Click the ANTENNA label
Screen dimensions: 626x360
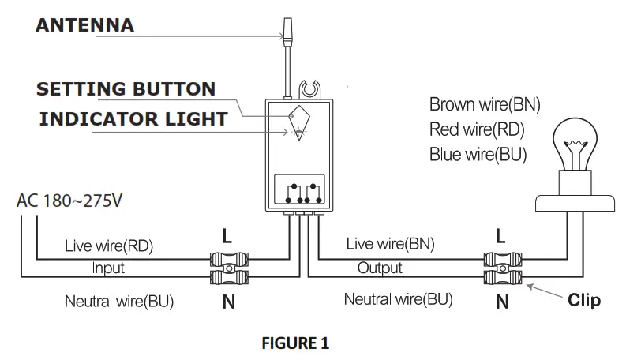coord(85,25)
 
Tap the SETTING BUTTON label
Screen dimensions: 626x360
coord(126,89)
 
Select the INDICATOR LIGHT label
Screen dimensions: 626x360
coord(133,119)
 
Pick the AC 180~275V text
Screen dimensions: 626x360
coord(69,201)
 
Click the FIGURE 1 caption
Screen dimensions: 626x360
coord(295,343)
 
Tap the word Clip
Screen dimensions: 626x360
coord(584,300)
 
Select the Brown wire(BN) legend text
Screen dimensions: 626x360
coord(485,104)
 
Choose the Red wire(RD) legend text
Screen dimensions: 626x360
coord(477,129)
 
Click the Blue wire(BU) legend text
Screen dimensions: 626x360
coord(478,155)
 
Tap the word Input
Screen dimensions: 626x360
coord(108,268)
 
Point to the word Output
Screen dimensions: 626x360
coord(380,268)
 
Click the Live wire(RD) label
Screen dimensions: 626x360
coord(109,246)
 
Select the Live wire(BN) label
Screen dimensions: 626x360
coord(391,244)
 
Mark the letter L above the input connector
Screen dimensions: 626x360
coord(227,236)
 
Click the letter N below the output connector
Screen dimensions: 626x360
coord(502,302)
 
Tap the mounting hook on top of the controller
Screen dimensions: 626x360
coord(309,89)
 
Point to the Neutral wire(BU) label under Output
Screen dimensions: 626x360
coord(399,299)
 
